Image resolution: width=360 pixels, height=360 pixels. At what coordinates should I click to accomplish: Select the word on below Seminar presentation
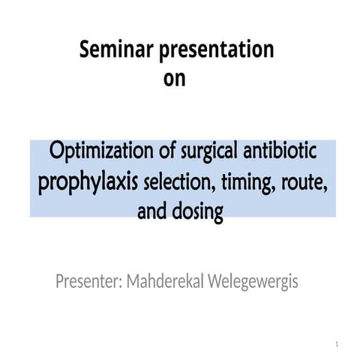tap(174, 78)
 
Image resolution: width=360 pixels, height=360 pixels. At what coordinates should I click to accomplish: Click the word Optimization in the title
tap(100, 152)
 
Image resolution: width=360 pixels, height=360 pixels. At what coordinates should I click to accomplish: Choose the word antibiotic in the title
tap(282, 152)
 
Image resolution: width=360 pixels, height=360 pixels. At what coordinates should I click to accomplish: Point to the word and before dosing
tap(151, 214)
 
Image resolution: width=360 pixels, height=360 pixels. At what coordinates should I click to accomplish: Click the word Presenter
tap(87, 283)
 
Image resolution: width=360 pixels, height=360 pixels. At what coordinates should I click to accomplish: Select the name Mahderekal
tap(169, 283)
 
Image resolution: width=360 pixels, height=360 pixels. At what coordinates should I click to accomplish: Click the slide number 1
tap(338, 343)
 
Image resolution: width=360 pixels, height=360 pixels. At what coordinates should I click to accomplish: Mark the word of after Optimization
tap(163, 152)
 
